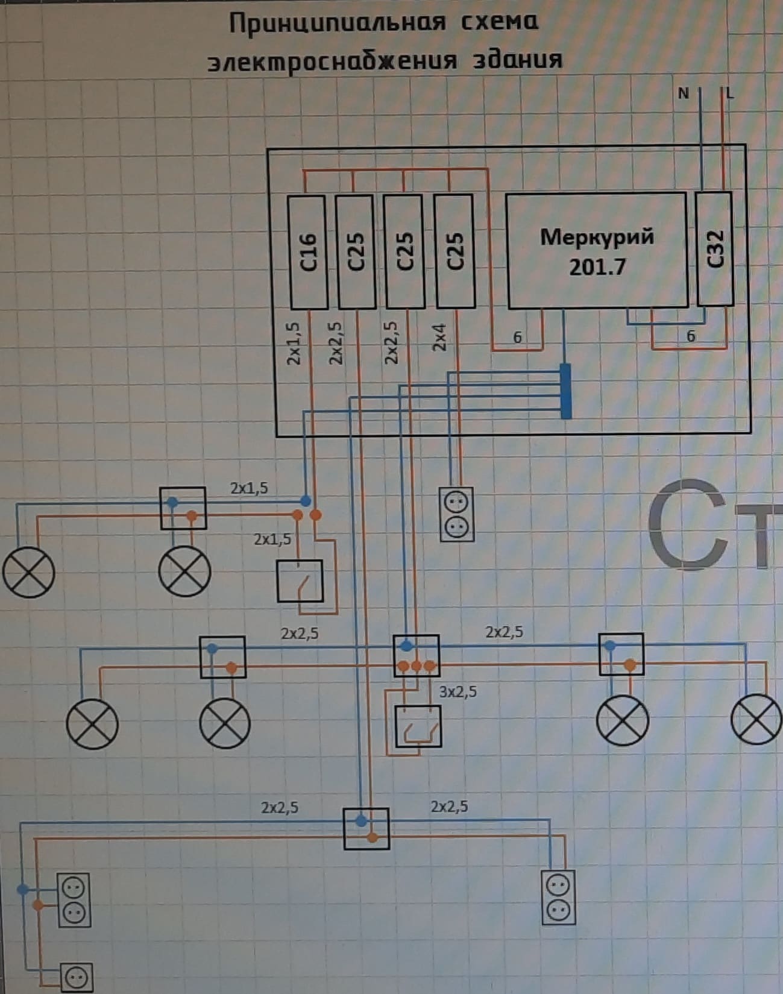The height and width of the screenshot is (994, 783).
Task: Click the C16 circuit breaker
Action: [307, 252]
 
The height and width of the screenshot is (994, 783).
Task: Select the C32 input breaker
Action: [714, 249]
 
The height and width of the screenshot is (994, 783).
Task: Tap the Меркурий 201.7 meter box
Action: [597, 251]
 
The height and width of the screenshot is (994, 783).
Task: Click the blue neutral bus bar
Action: [565, 391]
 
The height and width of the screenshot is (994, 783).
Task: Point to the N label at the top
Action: [683, 93]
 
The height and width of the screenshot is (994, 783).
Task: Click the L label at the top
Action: [731, 93]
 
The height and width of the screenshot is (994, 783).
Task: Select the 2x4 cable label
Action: [439, 338]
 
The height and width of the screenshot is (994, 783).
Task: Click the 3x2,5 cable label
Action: [458, 691]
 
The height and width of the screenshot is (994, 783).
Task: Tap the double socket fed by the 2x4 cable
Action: [456, 515]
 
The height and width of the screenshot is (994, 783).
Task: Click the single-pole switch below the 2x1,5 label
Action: [300, 581]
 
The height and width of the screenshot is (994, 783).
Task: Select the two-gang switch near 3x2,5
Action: [418, 726]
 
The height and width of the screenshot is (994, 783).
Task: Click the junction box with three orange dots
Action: [416, 656]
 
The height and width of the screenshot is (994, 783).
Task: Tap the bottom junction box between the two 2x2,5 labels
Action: [366, 829]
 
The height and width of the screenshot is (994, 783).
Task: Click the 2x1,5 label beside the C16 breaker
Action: [294, 344]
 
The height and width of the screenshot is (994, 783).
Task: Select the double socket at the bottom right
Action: [558, 897]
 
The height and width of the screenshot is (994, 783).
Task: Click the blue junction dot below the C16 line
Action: [306, 500]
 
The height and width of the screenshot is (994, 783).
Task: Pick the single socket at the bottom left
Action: [77, 978]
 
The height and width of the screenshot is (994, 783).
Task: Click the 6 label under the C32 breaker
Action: [691, 336]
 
